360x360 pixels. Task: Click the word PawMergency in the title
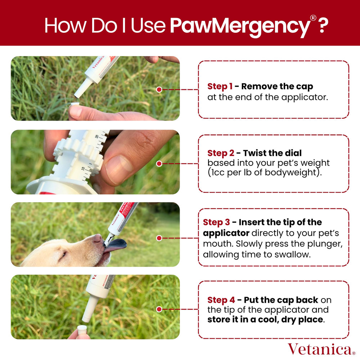[239, 26]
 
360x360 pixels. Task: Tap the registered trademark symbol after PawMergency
[313, 18]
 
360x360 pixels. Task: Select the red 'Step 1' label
[220, 86]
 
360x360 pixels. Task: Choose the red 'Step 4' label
[220, 300]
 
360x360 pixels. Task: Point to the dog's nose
[96, 238]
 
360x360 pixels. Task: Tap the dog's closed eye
[63, 255]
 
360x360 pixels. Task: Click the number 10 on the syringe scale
[83, 168]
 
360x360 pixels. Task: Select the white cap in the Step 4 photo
[82, 329]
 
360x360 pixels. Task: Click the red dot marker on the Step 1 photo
[159, 89]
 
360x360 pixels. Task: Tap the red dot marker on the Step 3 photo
[159, 238]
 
